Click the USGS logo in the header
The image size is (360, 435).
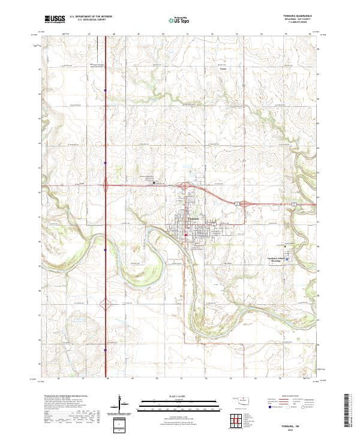coord(55,19)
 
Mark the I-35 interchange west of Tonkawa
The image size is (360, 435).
coord(106,186)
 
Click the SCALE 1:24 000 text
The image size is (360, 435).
coord(179,395)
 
